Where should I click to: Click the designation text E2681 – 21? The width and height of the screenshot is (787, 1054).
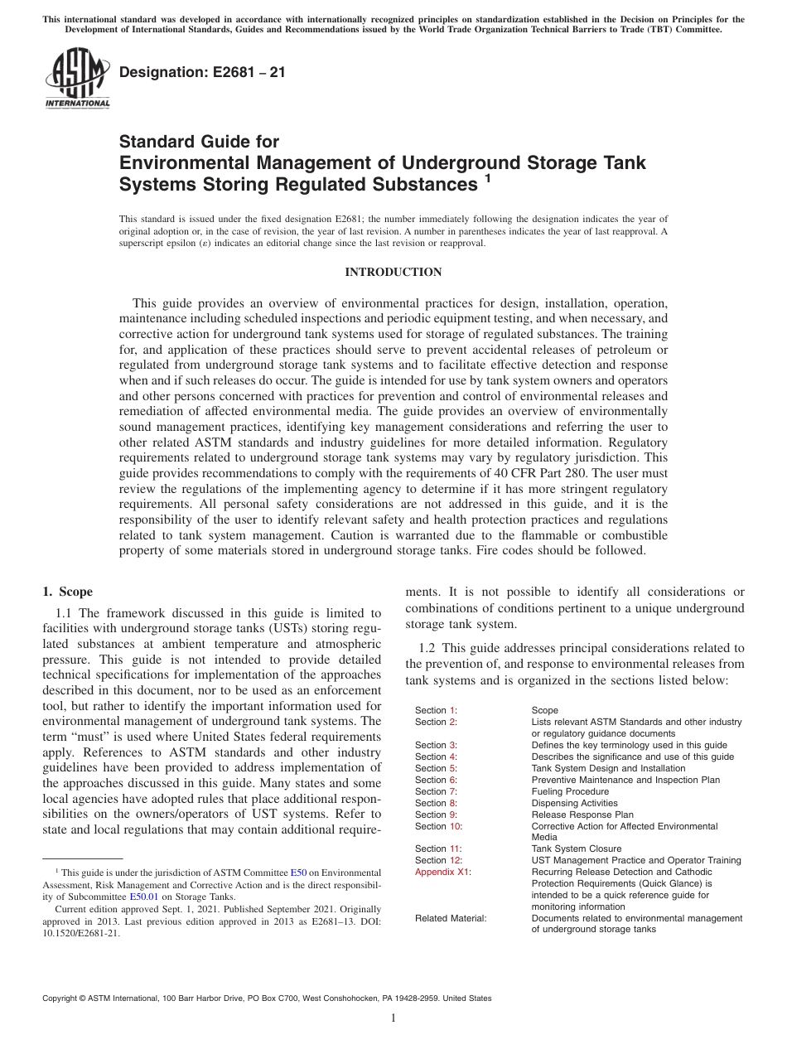click(x=202, y=74)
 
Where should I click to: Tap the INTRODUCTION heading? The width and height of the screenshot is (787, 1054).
click(x=393, y=273)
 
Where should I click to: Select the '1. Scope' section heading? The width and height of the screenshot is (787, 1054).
click(x=68, y=592)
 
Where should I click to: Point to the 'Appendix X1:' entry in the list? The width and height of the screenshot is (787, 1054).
click(x=442, y=872)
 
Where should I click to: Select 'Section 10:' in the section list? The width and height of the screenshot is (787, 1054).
click(x=438, y=826)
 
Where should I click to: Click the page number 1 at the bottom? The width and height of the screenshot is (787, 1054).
click(x=393, y=1018)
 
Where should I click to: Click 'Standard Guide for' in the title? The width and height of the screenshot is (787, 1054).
click(x=200, y=142)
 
